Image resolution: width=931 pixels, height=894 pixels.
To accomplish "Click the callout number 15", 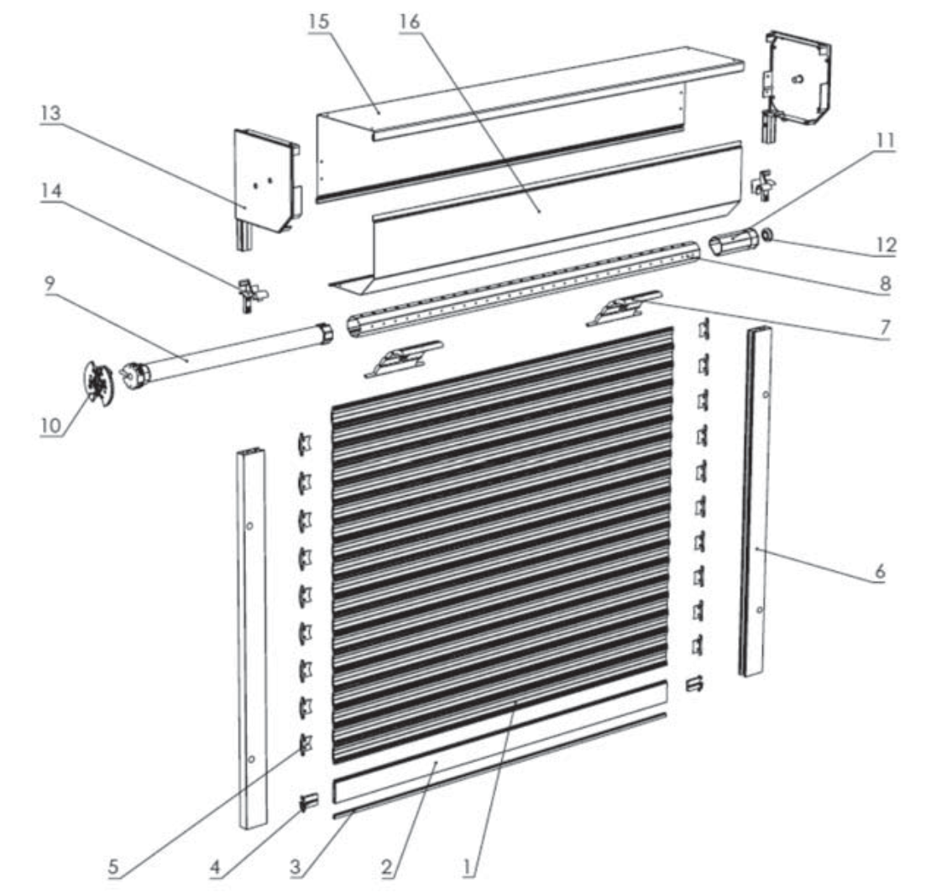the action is point(318,22).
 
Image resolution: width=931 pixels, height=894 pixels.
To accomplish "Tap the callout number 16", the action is point(409,22).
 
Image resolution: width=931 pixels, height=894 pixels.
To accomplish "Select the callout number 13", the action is point(50,112).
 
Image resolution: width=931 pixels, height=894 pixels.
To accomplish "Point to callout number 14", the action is point(51,191).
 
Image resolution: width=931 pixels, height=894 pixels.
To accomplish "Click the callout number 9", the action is point(50,284).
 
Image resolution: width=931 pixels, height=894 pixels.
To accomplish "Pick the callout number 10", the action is point(51,425).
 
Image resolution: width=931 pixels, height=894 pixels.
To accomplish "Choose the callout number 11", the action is point(885,141).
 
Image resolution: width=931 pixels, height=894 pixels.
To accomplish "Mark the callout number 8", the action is point(886,283).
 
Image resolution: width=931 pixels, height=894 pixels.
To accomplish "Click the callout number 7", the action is point(886,327).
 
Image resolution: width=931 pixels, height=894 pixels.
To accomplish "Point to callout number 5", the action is point(113,867).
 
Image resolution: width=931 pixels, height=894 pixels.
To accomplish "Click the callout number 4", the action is point(215,867).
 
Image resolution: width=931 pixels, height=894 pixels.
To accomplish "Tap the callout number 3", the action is point(296,867).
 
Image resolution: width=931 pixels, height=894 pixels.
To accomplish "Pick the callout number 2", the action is point(386,867).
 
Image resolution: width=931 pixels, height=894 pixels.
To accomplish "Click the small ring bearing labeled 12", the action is point(766,235).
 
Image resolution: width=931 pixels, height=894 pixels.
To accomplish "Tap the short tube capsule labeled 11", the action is point(733,243).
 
